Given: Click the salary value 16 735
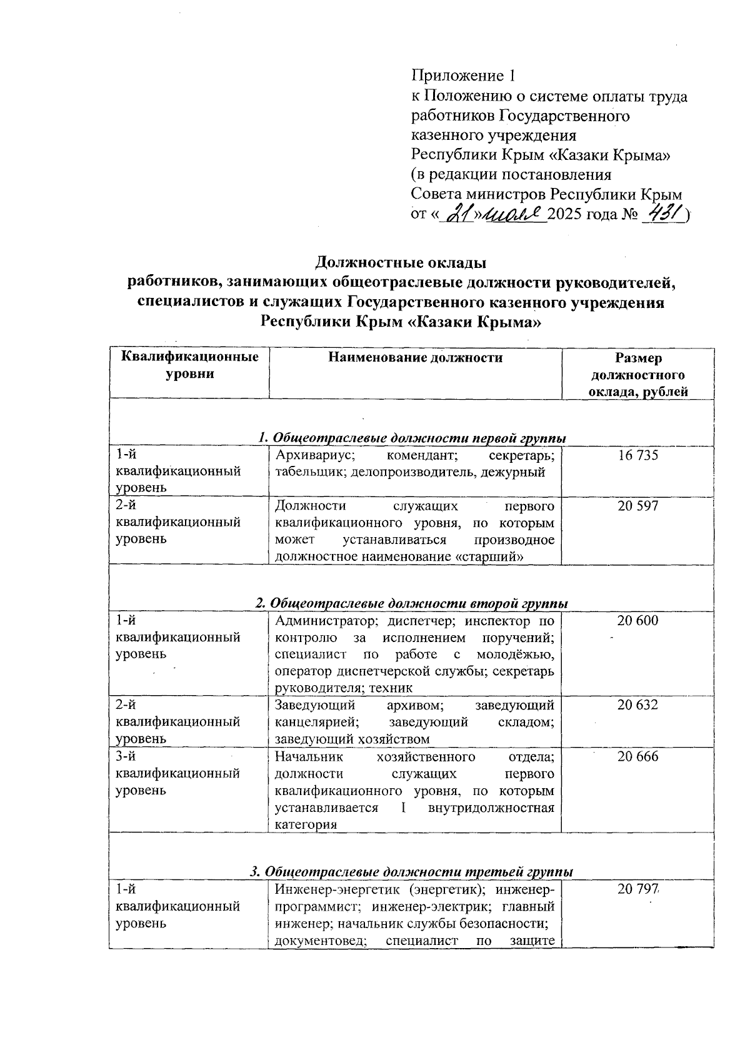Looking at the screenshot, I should [x=637, y=455].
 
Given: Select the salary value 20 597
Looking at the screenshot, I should [x=637, y=506].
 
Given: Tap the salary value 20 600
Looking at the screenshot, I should [x=637, y=621].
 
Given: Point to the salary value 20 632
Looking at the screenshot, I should [x=637, y=705].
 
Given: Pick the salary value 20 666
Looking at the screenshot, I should [x=637, y=756].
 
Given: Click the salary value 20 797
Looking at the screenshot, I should [x=637, y=889].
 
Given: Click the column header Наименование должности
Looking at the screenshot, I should [x=416, y=358].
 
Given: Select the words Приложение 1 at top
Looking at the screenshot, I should [x=464, y=76].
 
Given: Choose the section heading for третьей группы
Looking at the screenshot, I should [x=412, y=871].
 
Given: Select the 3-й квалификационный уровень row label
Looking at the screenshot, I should [x=178, y=773].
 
